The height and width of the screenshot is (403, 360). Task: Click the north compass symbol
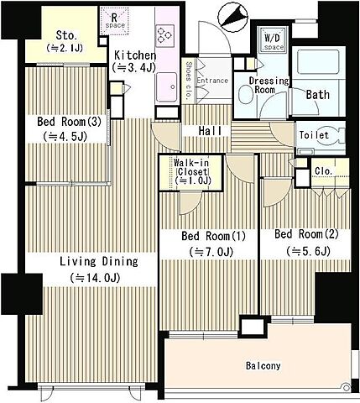pos(233,15)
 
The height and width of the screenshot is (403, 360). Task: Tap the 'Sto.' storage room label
pos(66,35)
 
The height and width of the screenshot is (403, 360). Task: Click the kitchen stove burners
pos(164,36)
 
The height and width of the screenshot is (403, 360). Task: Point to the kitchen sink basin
pos(166,87)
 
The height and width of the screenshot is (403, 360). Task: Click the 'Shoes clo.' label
pos(189,81)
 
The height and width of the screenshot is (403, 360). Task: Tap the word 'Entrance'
pos(212,81)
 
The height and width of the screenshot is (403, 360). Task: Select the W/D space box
pos(274,39)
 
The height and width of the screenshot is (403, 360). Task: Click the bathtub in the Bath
pos(319,62)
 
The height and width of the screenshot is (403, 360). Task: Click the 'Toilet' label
pos(314,135)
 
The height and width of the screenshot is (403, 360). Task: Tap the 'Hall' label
pos(210,131)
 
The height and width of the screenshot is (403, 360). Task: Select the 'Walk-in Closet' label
pos(191,171)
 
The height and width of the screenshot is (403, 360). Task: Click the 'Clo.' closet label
pos(323,171)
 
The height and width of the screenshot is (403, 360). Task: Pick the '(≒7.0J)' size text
pos(211,253)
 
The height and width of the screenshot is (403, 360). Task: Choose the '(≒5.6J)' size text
pos(308,251)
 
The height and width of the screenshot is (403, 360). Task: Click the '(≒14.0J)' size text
pos(96,278)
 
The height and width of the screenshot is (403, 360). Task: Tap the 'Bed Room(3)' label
pos(69,122)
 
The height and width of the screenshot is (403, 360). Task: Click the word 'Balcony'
pos(263,366)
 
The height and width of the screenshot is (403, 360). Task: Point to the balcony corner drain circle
pos(347,388)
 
